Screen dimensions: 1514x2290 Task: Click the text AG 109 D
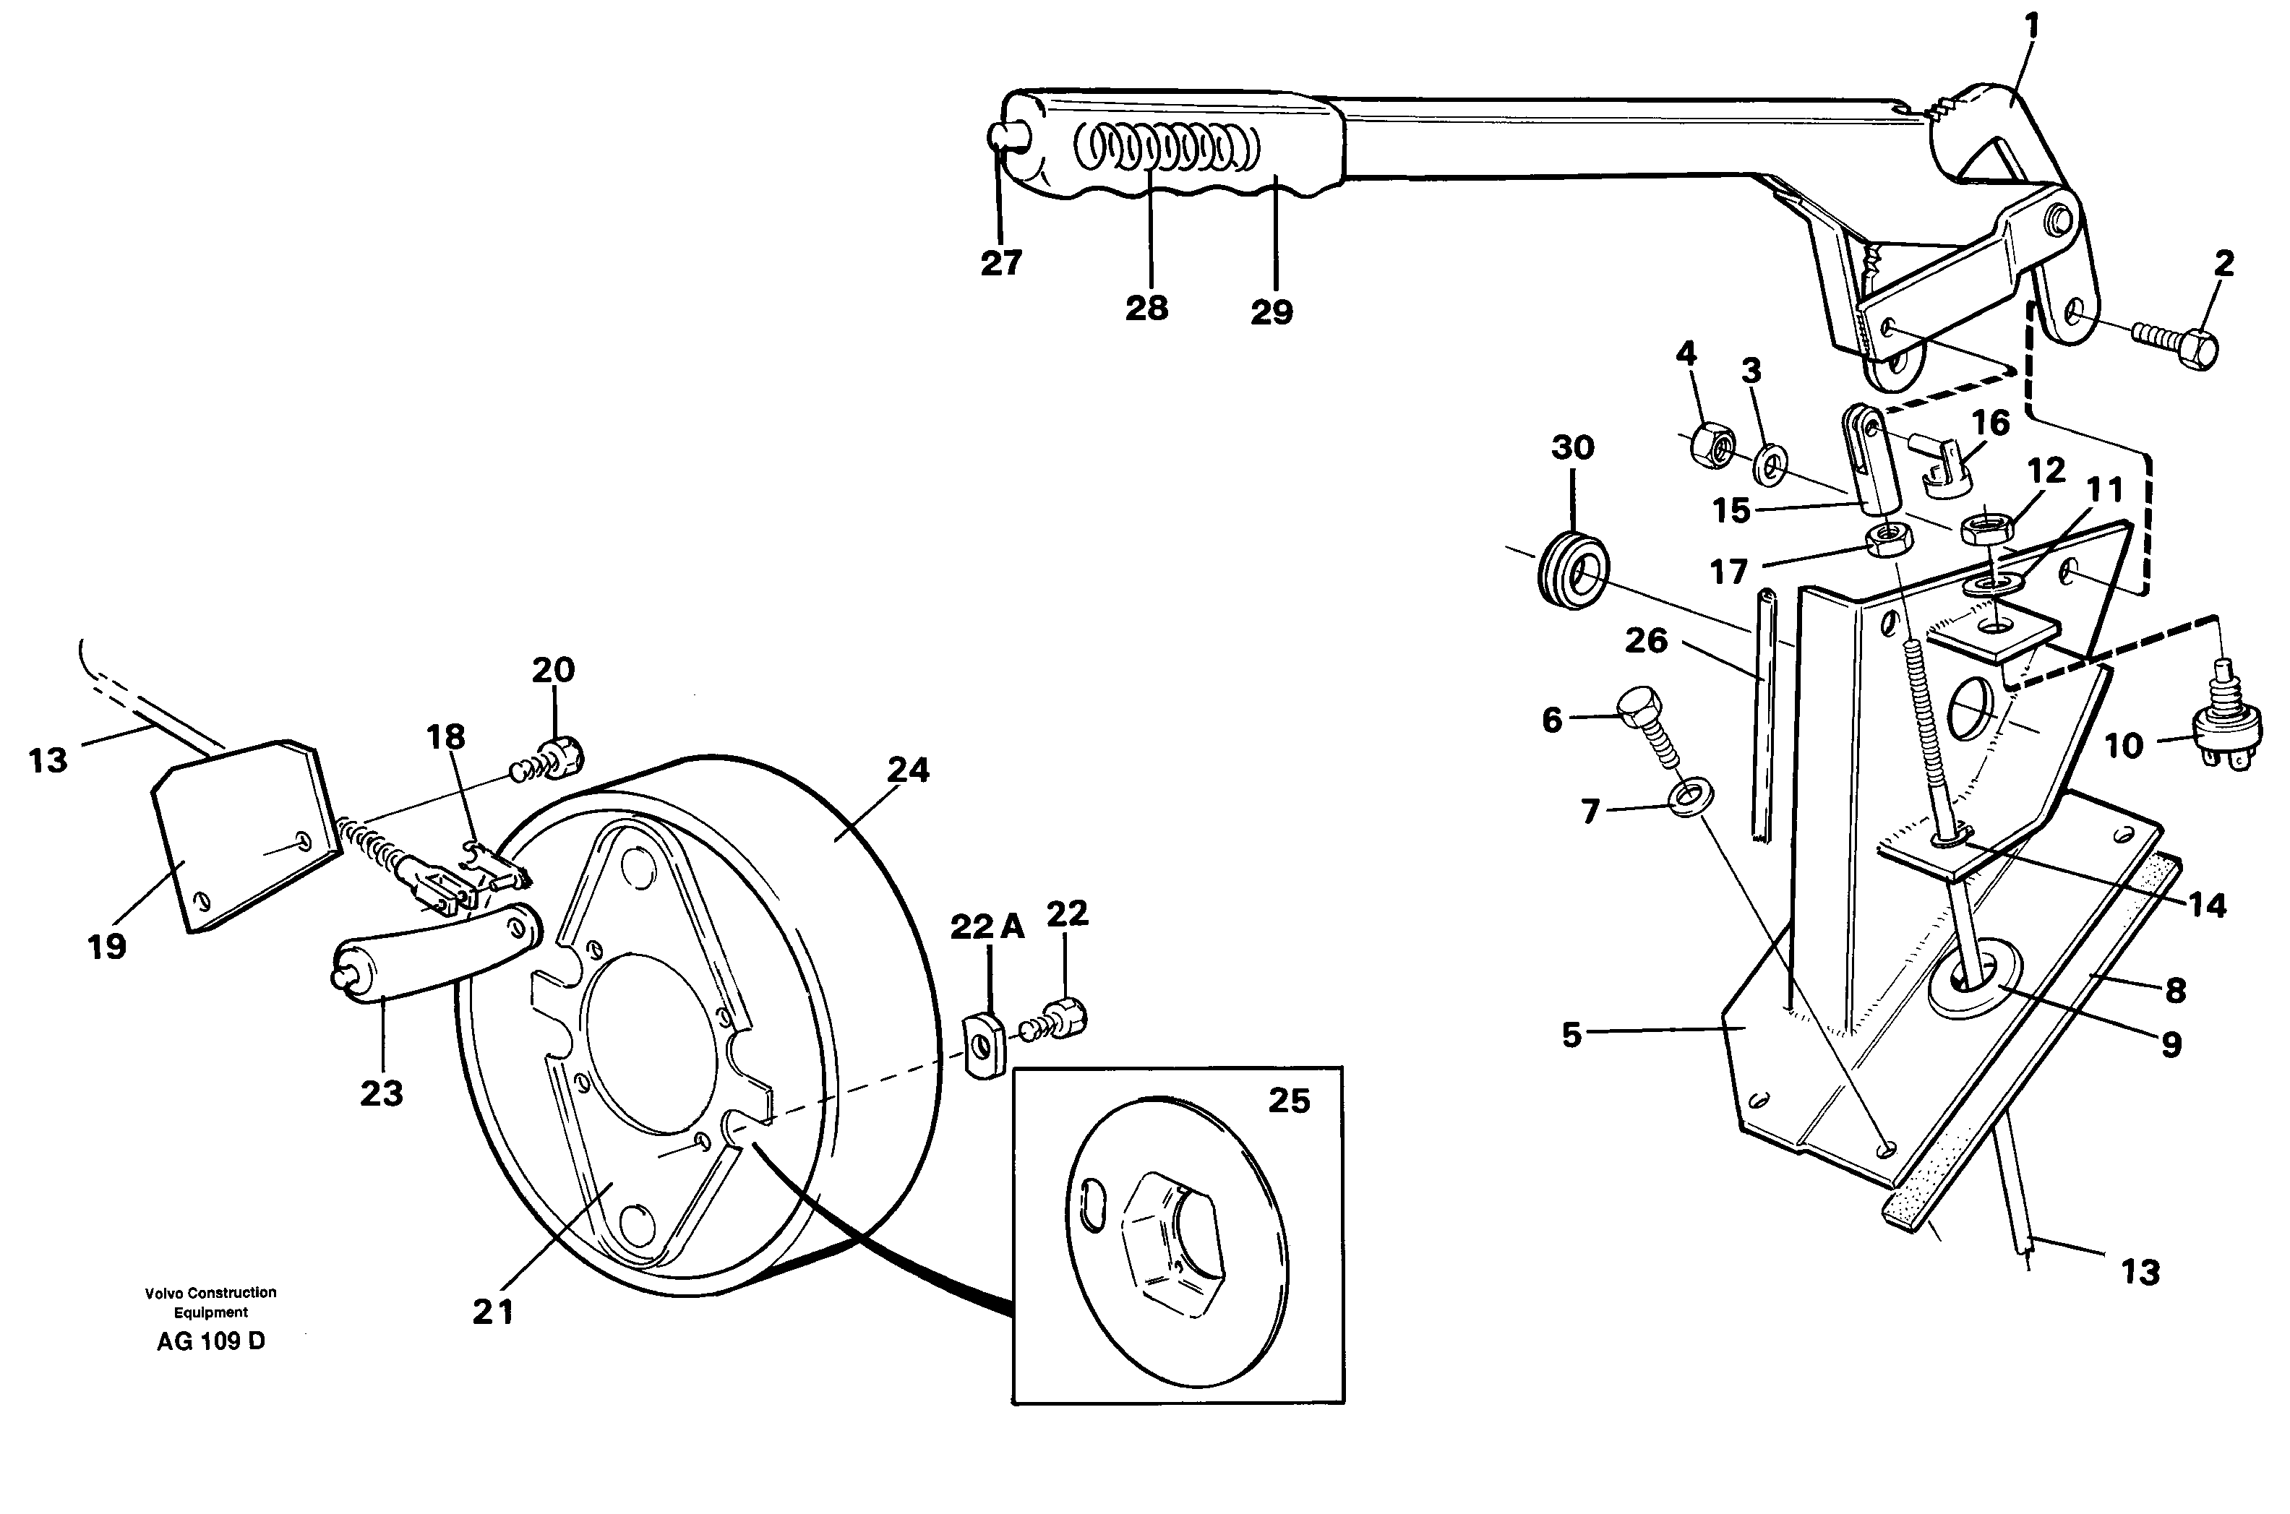210,1342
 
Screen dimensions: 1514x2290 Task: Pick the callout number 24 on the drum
908,770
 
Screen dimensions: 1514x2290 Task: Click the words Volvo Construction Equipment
210,1302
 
